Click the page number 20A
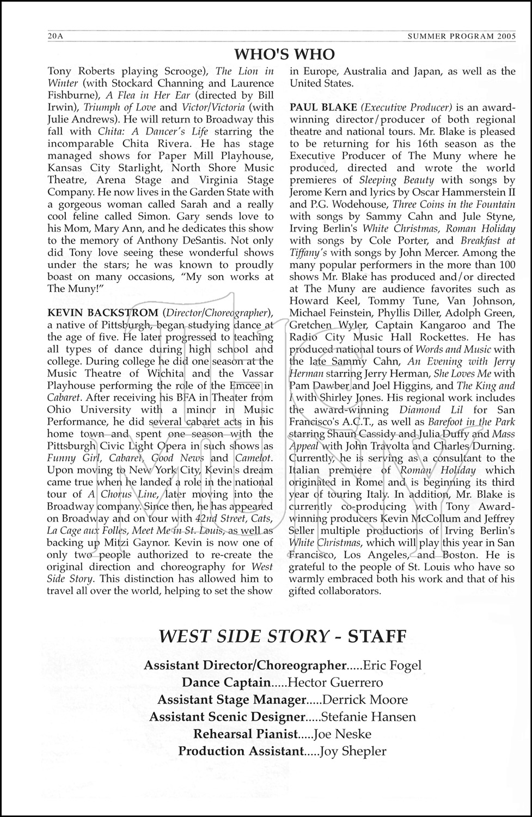[56, 36]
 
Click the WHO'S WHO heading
[284, 54]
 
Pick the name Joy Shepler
[353, 752]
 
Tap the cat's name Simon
[148, 216]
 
